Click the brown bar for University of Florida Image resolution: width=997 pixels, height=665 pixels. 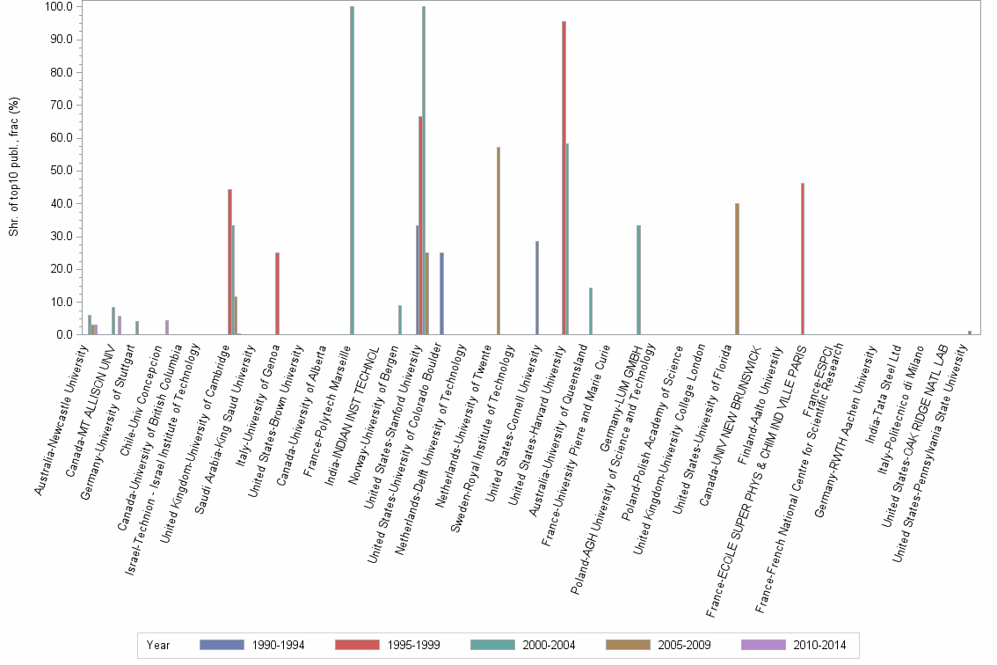(737, 268)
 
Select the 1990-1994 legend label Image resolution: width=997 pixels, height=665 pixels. (278, 645)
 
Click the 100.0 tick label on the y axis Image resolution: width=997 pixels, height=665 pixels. (56, 7)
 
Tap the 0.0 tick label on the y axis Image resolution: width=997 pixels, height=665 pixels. (62, 334)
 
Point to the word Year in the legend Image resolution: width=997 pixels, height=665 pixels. (159, 645)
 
